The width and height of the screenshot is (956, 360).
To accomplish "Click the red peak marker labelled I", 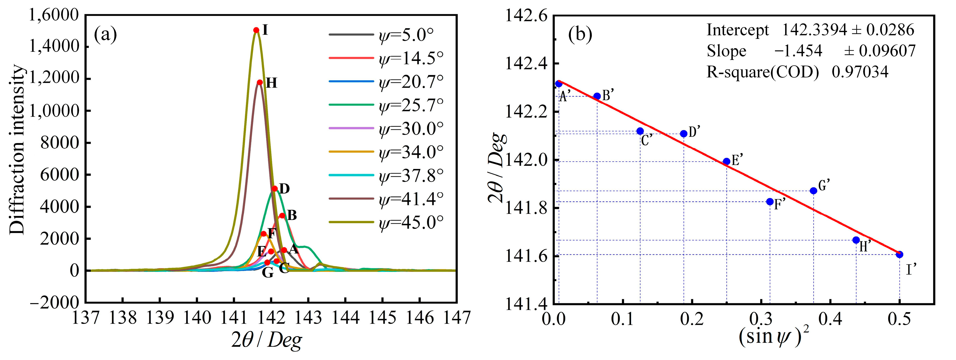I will [x=256, y=30].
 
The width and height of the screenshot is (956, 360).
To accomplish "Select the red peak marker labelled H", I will [x=260, y=82].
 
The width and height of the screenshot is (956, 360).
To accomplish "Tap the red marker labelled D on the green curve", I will [x=274, y=188].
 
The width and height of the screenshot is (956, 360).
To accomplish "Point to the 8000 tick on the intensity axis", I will [x=59, y=142].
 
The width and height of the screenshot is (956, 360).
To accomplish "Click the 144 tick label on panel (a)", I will [x=345, y=318].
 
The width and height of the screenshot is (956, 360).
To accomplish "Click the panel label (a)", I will [x=105, y=35].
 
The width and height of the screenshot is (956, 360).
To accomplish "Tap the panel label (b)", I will [x=580, y=35].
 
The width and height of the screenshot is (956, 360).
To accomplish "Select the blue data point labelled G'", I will [x=813, y=191].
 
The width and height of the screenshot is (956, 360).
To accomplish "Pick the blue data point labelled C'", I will [x=640, y=131].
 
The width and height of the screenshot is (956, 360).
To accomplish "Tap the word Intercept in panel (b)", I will [x=738, y=30].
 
